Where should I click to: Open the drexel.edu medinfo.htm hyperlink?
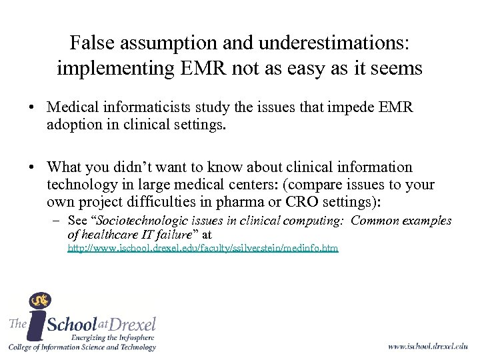203,248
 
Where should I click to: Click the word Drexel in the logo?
131,325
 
